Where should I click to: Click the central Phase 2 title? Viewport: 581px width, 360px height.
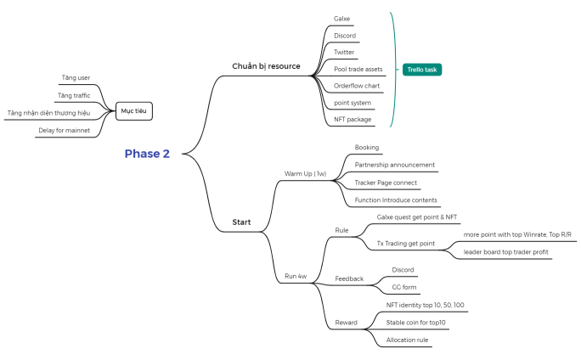click(147, 154)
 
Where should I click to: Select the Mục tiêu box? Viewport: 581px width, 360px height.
click(134, 111)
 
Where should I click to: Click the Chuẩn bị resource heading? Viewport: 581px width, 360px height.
click(267, 66)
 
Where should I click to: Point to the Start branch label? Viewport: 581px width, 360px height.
click(241, 223)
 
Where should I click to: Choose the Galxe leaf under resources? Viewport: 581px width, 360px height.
click(342, 18)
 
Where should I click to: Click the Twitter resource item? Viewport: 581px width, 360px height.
click(344, 52)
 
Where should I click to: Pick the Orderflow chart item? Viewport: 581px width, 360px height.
click(358, 86)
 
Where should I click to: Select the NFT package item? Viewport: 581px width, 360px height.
click(353, 120)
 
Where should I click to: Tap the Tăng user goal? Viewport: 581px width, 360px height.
click(76, 78)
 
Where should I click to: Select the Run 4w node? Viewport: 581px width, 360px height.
click(296, 277)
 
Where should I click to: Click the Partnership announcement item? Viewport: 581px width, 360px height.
click(395, 165)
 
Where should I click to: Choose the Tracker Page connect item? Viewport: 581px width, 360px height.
click(386, 183)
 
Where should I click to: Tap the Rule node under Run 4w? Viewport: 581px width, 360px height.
click(341, 230)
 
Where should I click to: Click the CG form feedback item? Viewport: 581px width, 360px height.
click(403, 287)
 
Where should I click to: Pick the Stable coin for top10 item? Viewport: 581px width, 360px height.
click(415, 323)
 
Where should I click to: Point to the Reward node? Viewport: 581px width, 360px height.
click(347, 323)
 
